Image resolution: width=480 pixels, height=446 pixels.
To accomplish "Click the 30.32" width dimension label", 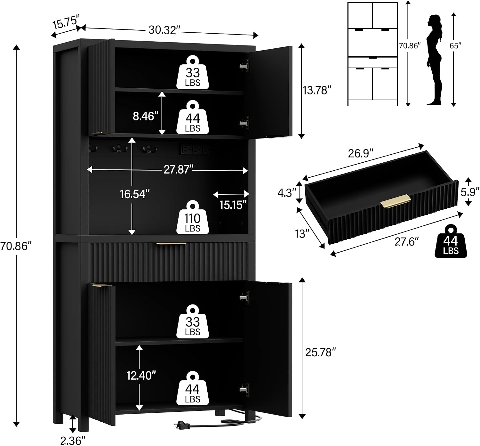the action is click(164, 30).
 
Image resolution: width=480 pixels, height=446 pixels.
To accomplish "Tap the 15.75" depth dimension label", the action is click(66, 21).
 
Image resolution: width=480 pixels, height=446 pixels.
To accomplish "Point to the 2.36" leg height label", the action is click(73, 440).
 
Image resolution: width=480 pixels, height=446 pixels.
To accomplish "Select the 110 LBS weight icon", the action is click(193, 217).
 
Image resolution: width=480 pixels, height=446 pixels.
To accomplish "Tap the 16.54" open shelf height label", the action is click(135, 194).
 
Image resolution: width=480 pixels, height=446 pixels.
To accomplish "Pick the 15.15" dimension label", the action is click(233, 205).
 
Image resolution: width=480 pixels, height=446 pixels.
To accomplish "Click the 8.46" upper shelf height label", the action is click(145, 116).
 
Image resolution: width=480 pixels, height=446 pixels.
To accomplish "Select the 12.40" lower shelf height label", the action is click(141, 375).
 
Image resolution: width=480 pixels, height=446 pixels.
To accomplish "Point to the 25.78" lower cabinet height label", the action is click(321, 353).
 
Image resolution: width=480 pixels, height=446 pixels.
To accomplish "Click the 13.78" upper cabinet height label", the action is click(317, 91).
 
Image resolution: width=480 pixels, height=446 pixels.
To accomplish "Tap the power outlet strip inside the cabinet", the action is click(195, 150).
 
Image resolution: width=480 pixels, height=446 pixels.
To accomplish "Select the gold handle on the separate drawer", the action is click(396, 201).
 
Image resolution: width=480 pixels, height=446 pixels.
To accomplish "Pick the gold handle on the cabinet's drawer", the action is click(171, 244).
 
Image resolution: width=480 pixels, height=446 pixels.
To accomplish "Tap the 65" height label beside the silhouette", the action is click(456, 45).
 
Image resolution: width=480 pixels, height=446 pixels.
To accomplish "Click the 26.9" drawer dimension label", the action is click(360, 153).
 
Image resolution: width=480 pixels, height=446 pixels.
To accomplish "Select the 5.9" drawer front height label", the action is click(470, 192).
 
